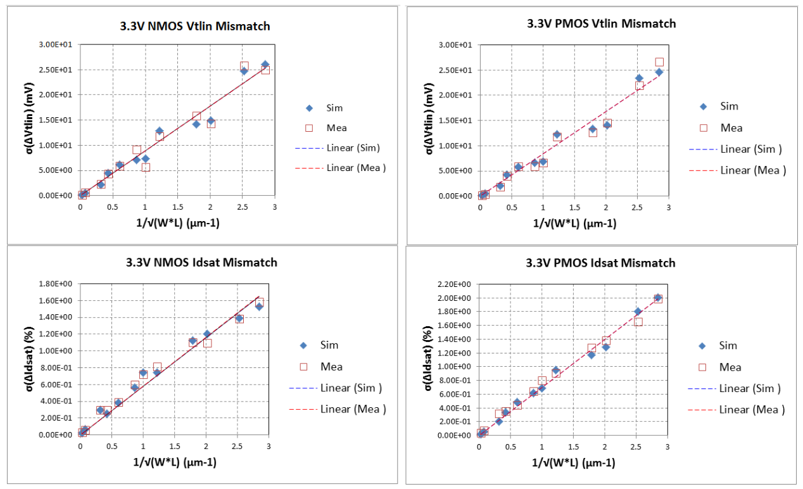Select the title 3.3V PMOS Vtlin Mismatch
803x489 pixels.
pos(602,24)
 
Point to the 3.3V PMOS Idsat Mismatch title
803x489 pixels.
pos(601,263)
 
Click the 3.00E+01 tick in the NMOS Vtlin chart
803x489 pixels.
pos(56,44)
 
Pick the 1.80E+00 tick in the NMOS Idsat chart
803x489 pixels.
pos(56,284)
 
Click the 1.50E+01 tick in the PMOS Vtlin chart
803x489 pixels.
pos(455,120)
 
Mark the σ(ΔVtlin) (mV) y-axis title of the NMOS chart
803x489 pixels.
pos(27,120)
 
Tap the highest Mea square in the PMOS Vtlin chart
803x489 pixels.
pos(659,62)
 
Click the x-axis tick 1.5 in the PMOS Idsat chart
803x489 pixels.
pos(573,447)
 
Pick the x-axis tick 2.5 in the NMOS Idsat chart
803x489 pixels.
pos(237,447)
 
